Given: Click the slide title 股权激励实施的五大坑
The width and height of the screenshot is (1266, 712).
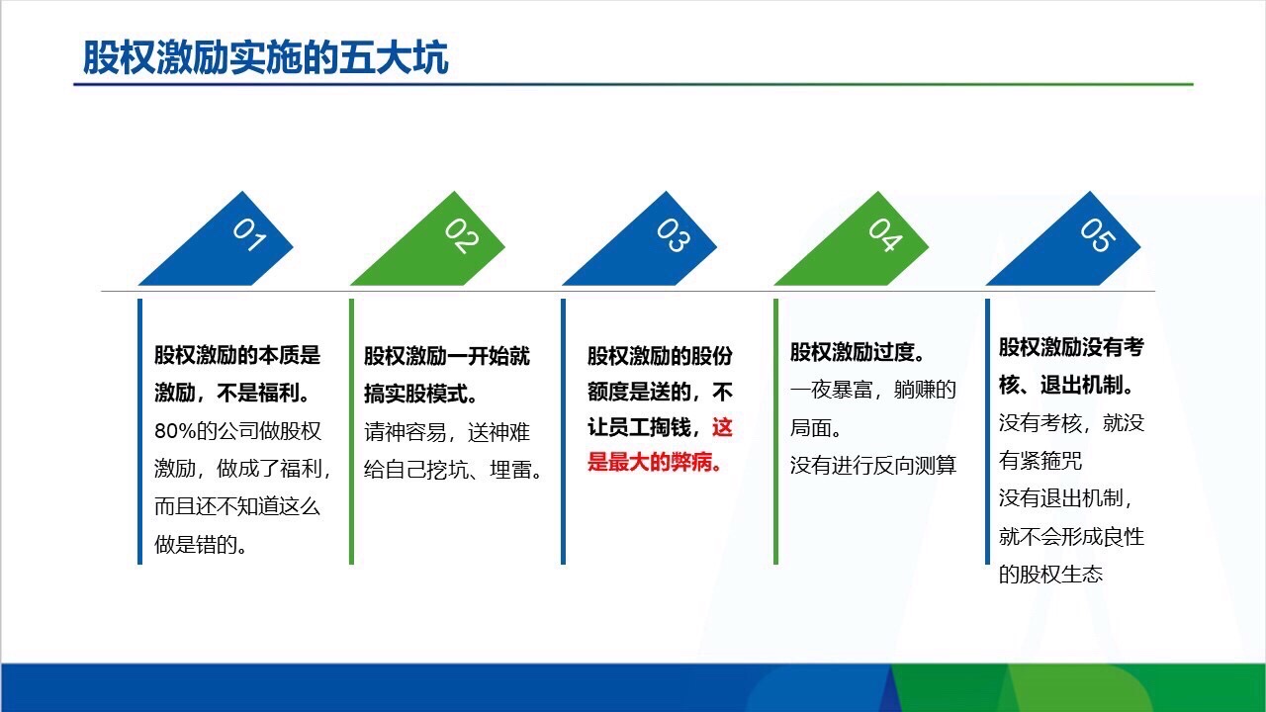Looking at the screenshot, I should (x=265, y=58).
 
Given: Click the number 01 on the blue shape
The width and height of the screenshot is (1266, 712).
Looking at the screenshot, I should (x=249, y=235).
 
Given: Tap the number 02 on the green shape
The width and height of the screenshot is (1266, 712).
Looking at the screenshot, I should (x=461, y=235).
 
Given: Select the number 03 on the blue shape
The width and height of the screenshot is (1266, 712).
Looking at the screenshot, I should (x=673, y=235).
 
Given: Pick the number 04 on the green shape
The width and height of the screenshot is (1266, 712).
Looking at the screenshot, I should (x=884, y=235).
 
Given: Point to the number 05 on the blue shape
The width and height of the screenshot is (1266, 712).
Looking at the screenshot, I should (x=1096, y=235).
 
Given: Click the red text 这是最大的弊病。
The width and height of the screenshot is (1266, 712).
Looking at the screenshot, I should (x=661, y=446).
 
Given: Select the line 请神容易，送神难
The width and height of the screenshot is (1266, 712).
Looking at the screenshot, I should (x=447, y=433).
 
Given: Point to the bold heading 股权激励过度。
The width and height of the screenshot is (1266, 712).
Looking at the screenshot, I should (x=858, y=353).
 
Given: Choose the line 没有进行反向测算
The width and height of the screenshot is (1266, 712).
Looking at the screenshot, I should (x=873, y=465).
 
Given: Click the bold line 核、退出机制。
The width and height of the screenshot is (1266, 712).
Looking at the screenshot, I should (x=1067, y=386).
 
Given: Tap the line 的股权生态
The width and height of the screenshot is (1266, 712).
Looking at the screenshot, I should (x=1050, y=574).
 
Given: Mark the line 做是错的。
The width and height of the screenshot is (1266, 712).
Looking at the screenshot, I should (x=201, y=544).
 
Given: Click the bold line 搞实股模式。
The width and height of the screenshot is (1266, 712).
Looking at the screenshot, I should (x=422, y=394).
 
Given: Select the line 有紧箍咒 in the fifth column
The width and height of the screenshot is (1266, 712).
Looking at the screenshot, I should (x=1040, y=461).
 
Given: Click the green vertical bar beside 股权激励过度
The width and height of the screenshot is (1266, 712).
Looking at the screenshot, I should (x=775, y=431).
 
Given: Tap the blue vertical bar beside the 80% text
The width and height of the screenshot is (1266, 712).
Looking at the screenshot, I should (x=140, y=431).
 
